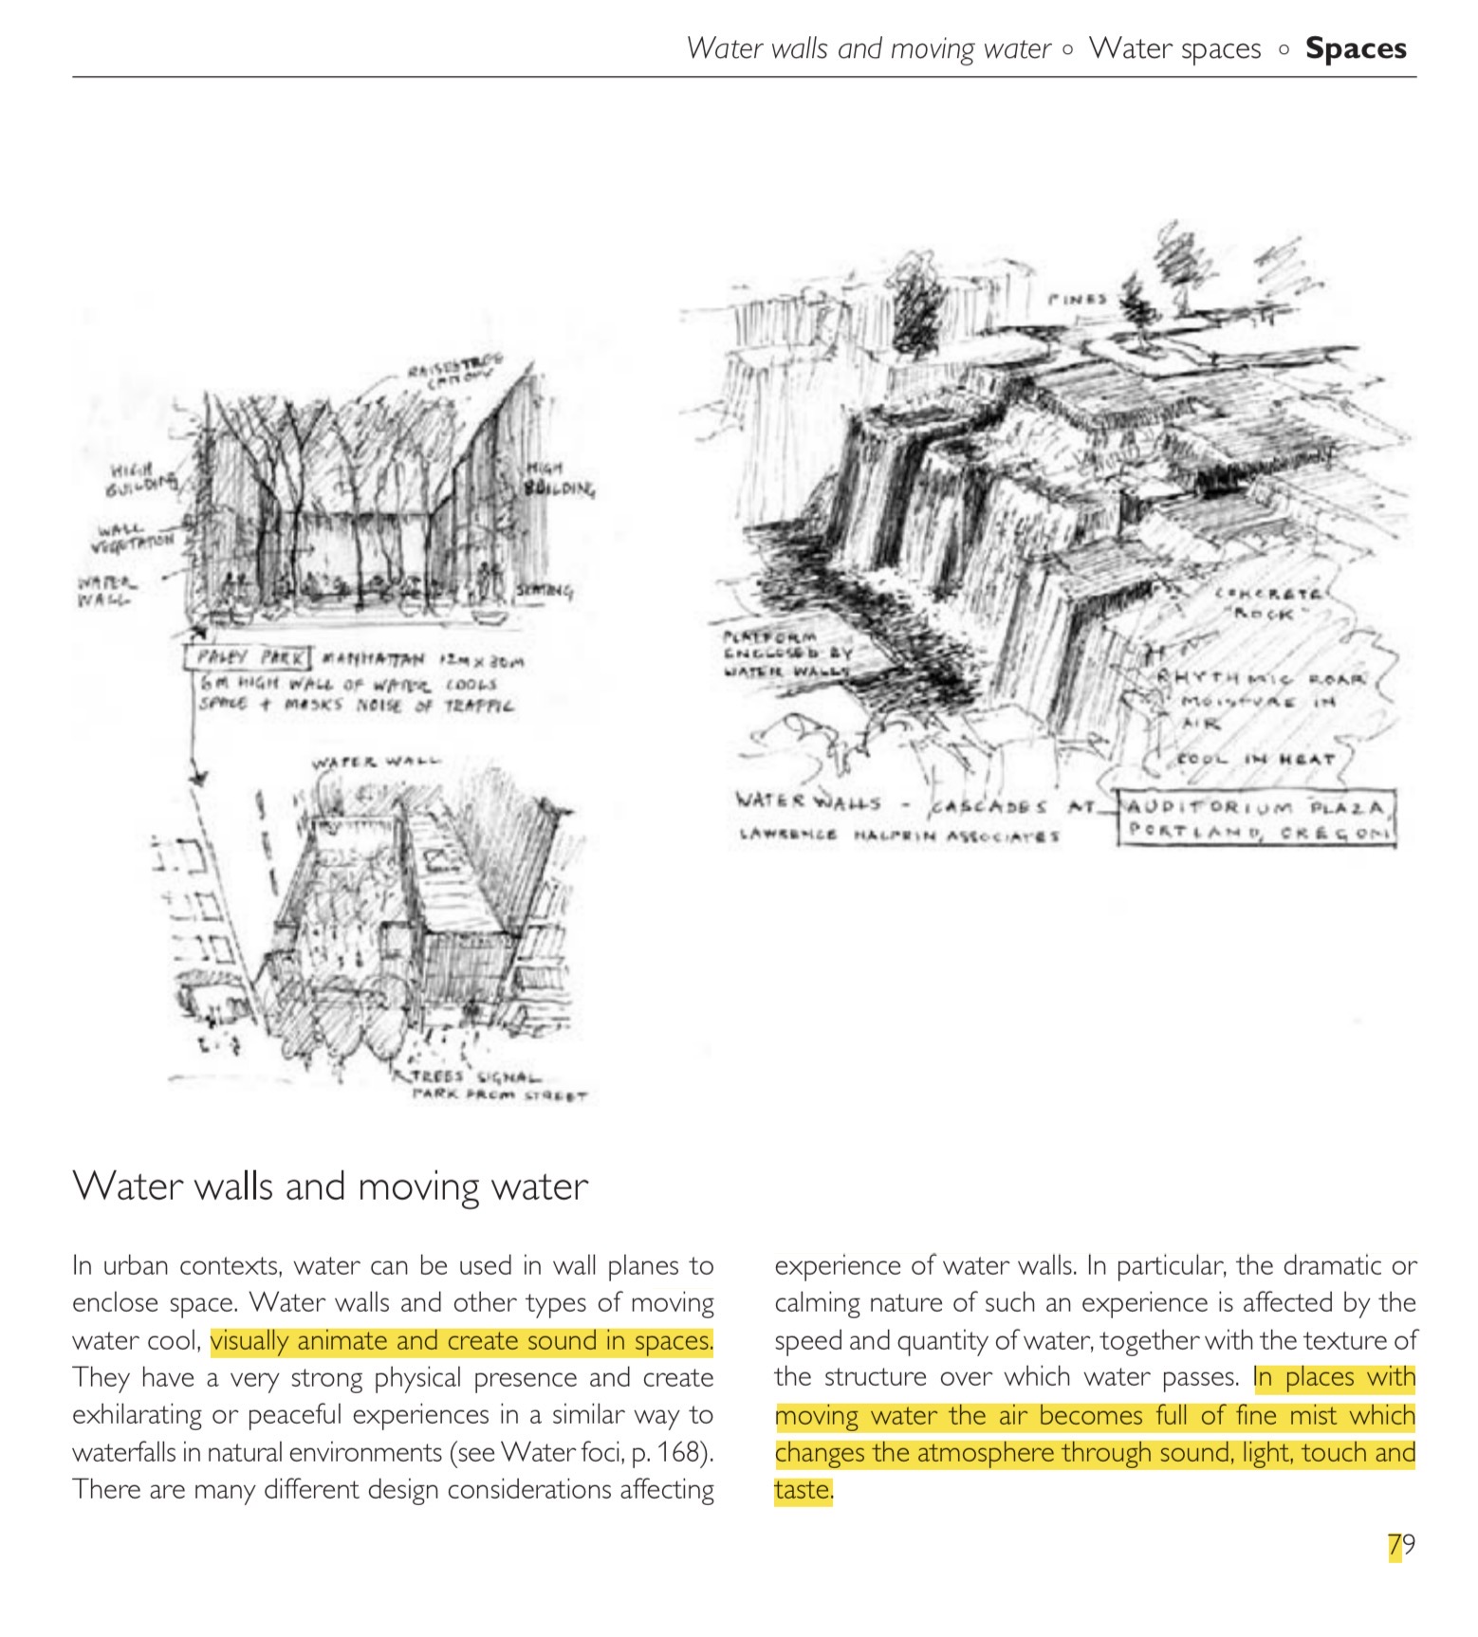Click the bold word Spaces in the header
point(1355,48)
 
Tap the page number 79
point(1401,1545)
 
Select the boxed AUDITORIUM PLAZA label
point(1257,808)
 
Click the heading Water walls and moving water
point(330,1186)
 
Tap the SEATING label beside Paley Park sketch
point(545,592)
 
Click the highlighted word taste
point(803,1490)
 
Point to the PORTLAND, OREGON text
point(1257,831)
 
